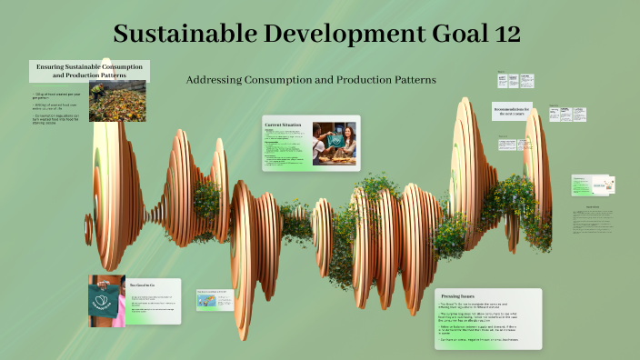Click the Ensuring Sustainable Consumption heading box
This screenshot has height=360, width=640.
(90, 71)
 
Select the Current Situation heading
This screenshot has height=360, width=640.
(283, 124)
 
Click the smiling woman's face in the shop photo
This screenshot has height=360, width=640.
(349, 132)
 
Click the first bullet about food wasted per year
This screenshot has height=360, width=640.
(56, 95)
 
